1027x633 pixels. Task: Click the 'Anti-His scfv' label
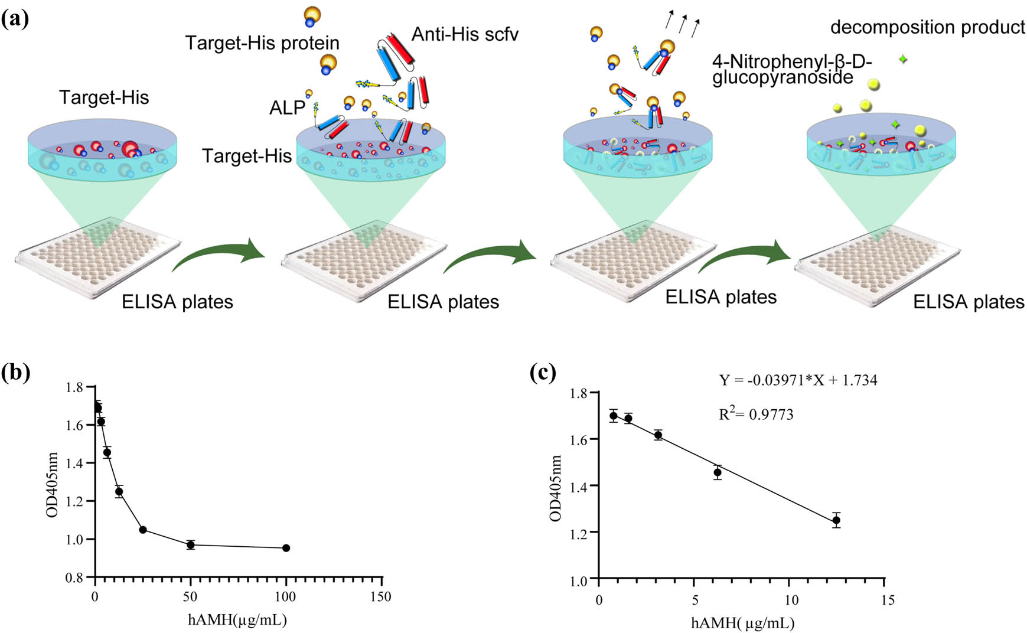465,34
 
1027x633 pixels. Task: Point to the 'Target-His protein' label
262,43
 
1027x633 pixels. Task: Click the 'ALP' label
287,107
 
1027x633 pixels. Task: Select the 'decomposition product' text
927,27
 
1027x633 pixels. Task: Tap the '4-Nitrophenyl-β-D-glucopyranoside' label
791,70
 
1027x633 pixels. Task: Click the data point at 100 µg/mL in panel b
286,548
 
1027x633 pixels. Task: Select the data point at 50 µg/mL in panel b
190,544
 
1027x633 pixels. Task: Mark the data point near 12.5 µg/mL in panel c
836,520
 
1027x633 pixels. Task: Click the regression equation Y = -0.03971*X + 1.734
798,380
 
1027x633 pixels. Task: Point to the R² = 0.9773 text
756,415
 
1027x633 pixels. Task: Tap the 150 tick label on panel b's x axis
381,597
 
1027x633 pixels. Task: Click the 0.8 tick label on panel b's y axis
74,577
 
